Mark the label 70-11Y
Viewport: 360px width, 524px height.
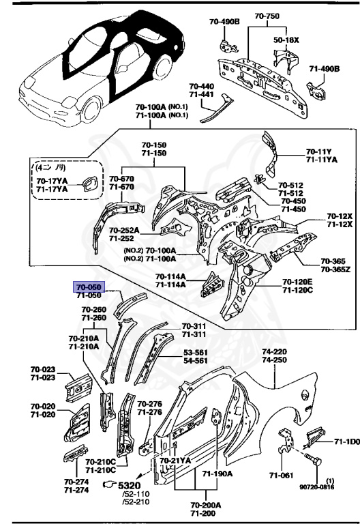click(318, 151)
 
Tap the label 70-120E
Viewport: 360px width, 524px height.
click(297, 282)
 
